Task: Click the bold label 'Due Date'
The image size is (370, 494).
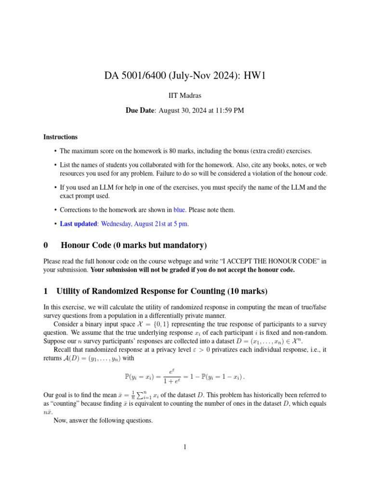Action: tap(140, 110)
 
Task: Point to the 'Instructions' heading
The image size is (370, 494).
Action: tap(60, 137)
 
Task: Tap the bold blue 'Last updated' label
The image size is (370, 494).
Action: tap(78, 224)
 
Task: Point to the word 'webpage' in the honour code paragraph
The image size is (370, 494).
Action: tap(194, 261)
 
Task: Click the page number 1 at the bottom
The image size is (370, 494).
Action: tap(185, 447)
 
